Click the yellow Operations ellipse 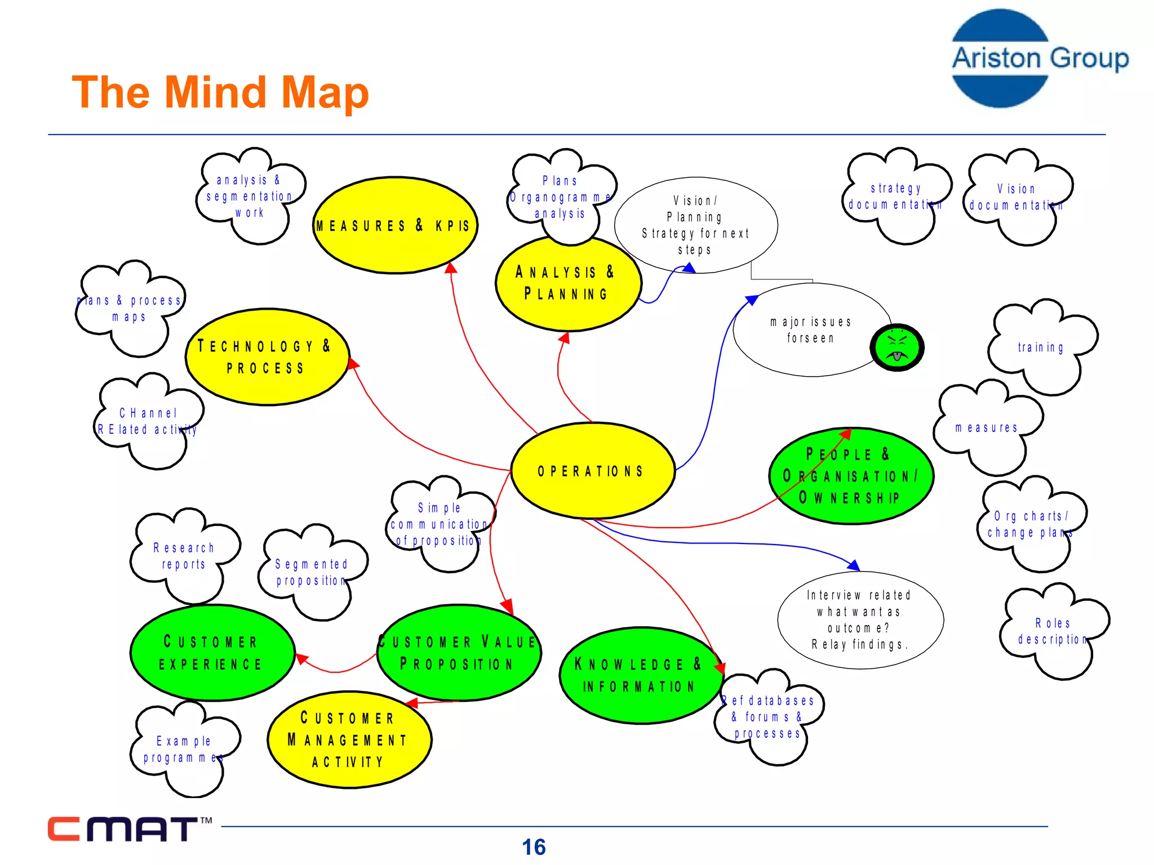[592, 471]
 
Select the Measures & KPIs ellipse [395, 226]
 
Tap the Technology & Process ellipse [267, 357]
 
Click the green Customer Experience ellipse [212, 653]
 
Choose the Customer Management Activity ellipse [349, 740]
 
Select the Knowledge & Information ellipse [641, 676]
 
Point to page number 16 [533, 847]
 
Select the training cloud [1041, 347]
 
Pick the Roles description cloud [1053, 631]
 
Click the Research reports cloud [184, 556]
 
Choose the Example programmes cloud [184, 749]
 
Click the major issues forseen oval [810, 330]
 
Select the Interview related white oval [859, 619]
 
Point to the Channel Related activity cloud [148, 421]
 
